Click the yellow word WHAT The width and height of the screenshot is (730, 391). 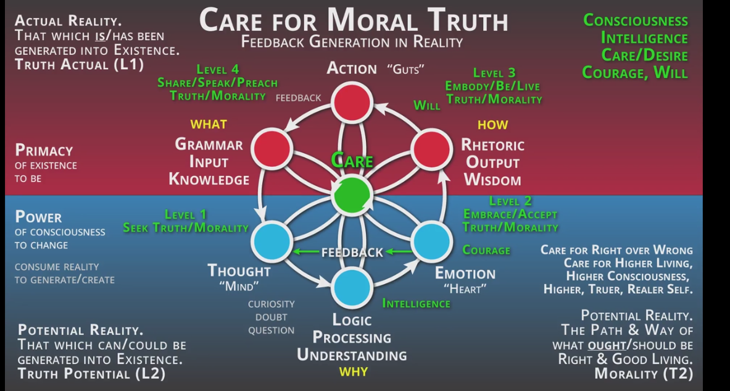209,124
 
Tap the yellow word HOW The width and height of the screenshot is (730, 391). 492,125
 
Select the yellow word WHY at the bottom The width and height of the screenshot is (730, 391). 353,372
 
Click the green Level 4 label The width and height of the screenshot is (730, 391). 217,69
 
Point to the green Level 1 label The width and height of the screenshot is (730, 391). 185,214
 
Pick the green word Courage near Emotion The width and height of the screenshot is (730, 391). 486,250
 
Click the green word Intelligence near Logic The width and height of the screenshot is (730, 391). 416,303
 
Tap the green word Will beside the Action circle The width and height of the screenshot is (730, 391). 427,105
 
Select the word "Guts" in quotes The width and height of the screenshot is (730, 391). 406,69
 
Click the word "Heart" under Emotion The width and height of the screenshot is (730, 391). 465,288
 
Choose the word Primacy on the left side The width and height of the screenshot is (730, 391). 44,151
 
